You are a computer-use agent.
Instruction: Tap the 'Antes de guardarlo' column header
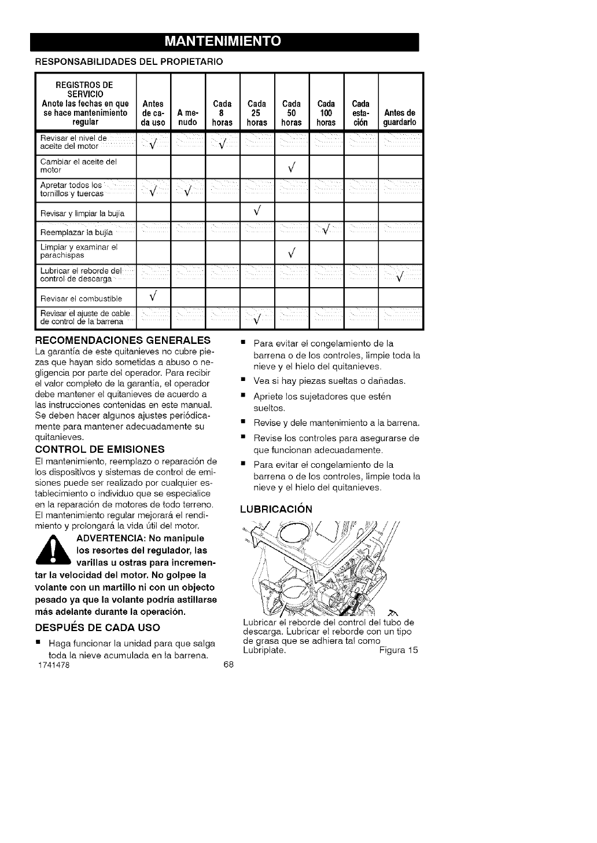(400, 118)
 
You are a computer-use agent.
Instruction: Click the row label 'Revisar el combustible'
(81, 299)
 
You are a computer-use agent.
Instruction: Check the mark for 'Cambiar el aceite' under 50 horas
(292, 168)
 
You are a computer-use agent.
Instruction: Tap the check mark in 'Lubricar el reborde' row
(399, 276)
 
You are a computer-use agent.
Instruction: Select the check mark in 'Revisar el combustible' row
(153, 297)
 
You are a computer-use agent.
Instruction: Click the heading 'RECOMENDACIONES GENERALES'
(123, 339)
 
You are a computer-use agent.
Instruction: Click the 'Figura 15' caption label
(399, 650)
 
